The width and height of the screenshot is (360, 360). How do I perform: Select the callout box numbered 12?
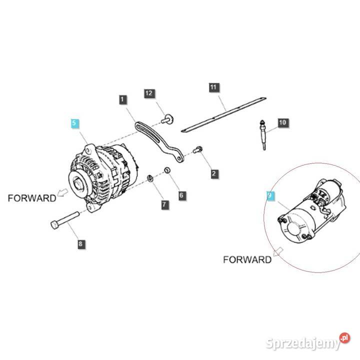pos(149,93)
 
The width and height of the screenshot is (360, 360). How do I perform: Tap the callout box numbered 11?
pos(213,88)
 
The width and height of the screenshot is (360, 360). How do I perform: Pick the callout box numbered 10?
pos(282,122)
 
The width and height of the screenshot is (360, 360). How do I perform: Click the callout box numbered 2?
pos(214,174)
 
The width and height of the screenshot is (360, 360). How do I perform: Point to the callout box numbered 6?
pos(181,195)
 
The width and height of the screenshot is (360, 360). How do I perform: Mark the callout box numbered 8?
pos(81,244)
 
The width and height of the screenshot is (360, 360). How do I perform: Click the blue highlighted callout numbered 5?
pos(74,122)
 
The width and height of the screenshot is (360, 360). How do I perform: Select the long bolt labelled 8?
pos(65,220)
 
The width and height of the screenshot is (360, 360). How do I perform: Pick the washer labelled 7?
pos(150,178)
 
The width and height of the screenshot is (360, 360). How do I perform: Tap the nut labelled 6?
pos(168,171)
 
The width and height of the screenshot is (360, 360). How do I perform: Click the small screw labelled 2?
pos(198,149)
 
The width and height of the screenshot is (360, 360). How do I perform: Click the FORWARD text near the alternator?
pos(32,198)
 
